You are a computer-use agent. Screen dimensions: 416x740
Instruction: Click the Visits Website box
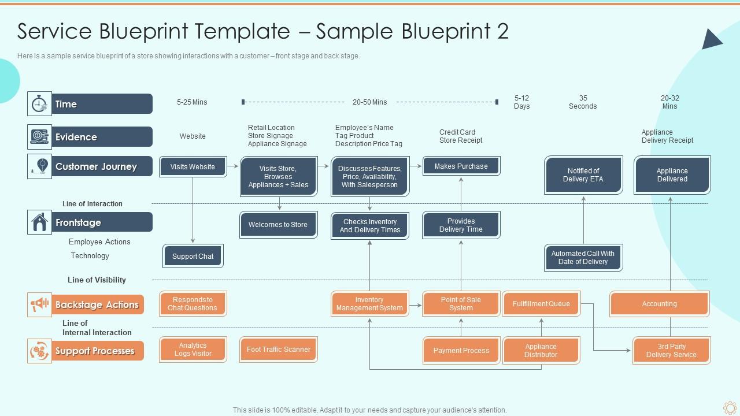coord(193,166)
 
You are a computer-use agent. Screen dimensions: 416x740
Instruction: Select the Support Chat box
coord(193,257)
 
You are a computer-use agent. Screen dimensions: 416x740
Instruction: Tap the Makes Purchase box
coord(461,166)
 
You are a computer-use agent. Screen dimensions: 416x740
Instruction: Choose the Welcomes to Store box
coord(278,225)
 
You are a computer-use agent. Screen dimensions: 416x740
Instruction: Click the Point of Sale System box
coord(461,304)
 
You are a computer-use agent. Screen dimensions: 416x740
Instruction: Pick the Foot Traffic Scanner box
coord(278,350)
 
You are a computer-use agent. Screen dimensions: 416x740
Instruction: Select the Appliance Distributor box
coord(541,351)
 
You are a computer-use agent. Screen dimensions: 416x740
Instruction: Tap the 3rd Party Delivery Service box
coord(671,351)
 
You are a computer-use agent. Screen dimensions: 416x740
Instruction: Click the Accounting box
coord(659,304)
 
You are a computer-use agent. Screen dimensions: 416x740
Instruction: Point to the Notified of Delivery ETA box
coord(583,175)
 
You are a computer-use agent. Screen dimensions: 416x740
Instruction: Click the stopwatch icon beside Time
coord(39,104)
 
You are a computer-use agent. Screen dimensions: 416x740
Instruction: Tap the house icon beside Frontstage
coord(39,222)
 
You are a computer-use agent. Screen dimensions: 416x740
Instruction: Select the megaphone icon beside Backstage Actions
coord(39,304)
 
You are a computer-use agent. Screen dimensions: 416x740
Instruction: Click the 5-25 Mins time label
coord(192,102)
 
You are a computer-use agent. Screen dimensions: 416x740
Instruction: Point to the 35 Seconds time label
coord(583,102)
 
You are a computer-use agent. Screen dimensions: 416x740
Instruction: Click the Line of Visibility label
coord(97,280)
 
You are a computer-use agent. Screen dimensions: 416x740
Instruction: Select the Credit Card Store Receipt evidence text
coord(460,136)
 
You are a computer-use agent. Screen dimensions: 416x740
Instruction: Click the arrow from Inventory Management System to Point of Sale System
coord(415,304)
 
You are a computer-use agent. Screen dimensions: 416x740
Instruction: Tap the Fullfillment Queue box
coord(541,304)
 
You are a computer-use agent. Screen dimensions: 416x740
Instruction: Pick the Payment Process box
coord(461,351)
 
